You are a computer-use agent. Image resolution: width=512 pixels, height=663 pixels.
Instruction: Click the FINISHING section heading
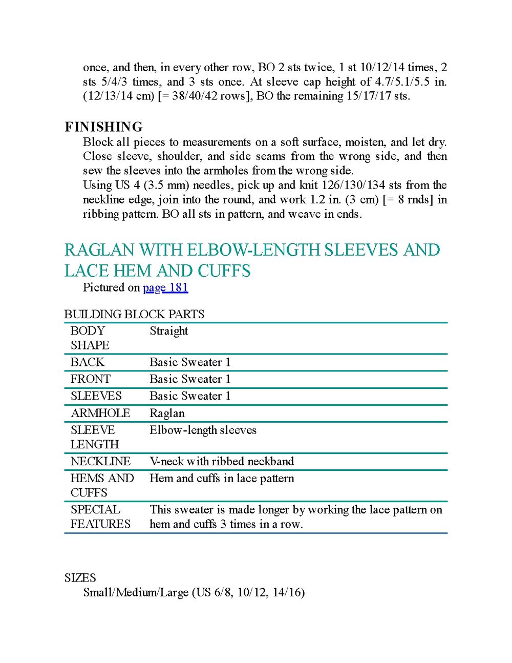(x=103, y=127)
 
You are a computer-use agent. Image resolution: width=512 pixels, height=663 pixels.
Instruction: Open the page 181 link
(x=165, y=287)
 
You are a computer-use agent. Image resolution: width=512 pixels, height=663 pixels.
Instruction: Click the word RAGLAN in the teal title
(x=99, y=250)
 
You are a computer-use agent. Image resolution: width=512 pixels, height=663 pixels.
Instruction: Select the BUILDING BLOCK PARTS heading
(x=134, y=314)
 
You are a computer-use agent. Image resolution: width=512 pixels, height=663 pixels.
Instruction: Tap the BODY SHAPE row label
(x=90, y=338)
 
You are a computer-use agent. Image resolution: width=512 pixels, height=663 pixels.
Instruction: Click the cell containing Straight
(x=169, y=331)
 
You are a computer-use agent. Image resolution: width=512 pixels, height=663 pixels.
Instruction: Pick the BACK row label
(x=88, y=362)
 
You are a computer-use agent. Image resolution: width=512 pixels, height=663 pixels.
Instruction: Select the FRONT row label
(x=91, y=379)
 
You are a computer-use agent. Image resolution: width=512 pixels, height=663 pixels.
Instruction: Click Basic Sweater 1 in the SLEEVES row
(x=190, y=396)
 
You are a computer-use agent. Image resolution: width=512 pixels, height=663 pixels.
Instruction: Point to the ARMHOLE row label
(x=100, y=413)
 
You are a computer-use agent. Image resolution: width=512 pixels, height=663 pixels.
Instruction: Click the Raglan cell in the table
(x=167, y=413)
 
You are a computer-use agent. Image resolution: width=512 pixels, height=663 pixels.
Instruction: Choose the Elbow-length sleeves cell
(x=203, y=430)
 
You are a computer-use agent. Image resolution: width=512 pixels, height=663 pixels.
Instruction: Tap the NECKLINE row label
(x=100, y=462)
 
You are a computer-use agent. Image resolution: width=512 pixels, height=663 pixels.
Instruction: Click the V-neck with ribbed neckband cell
(x=222, y=462)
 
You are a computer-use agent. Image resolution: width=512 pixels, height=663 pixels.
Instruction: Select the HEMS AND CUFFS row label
(x=102, y=485)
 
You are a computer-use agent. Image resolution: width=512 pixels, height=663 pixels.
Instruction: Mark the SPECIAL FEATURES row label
(x=100, y=516)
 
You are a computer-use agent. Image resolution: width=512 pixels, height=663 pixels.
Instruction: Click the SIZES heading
(x=80, y=578)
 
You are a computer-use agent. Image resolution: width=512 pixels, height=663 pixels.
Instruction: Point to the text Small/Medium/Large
(x=136, y=593)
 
